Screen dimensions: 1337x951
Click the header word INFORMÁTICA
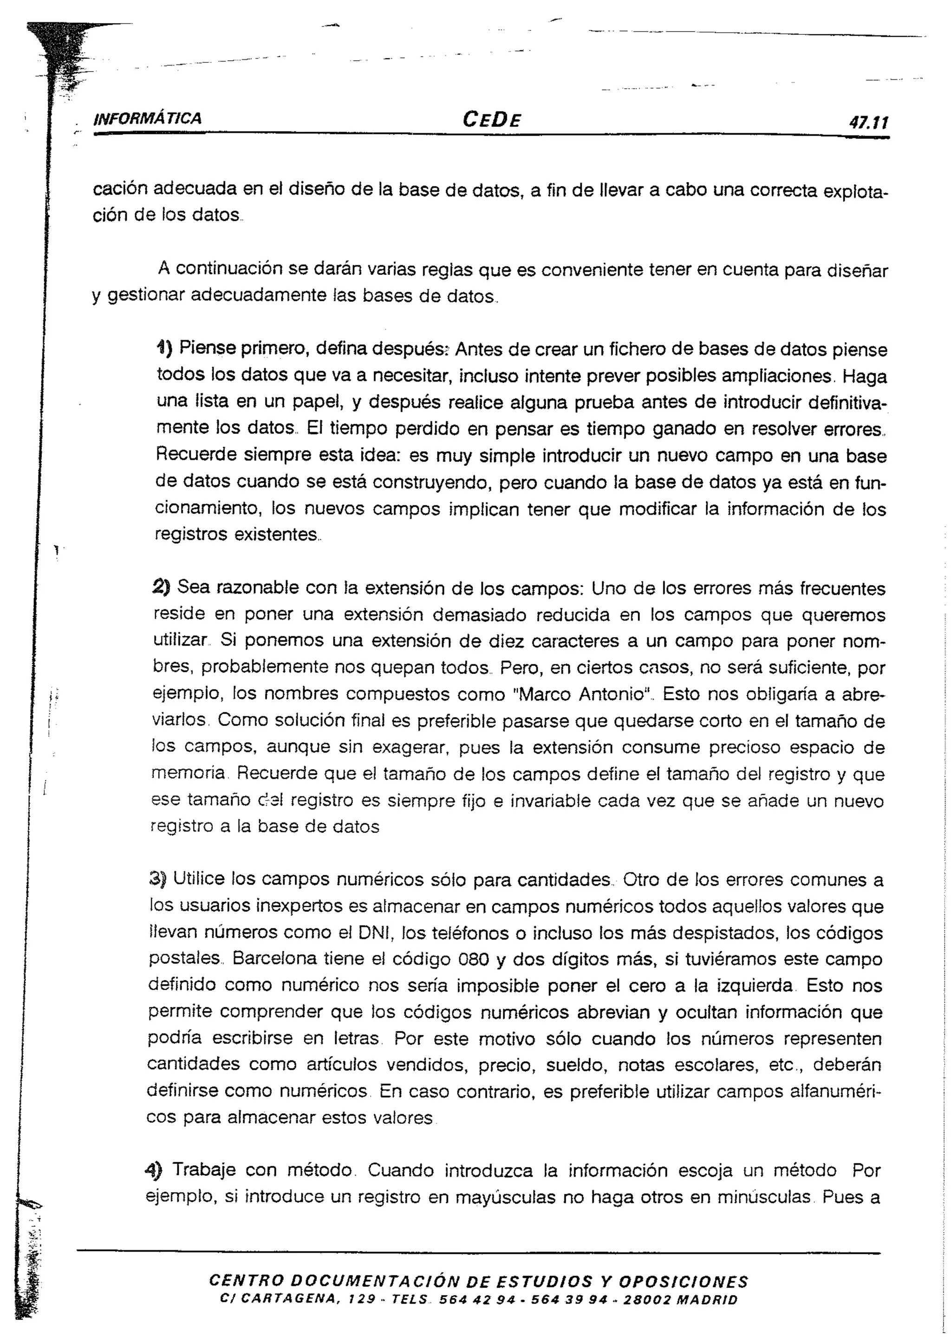tap(148, 119)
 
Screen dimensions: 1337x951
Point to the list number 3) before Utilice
tap(158, 879)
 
